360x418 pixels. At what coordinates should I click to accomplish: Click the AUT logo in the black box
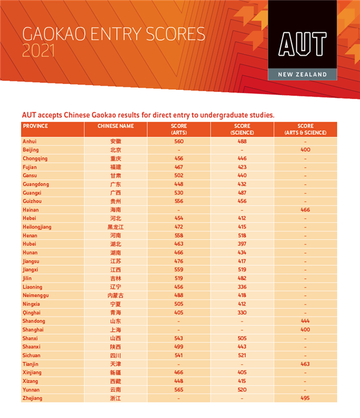click(302, 43)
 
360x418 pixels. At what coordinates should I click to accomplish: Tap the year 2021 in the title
click(38, 52)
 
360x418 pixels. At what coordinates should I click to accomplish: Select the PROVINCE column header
click(35, 127)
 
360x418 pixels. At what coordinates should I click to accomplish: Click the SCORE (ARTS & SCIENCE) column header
click(305, 130)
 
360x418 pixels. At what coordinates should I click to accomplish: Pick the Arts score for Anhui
click(179, 141)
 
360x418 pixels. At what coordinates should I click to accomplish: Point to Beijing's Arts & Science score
click(305, 149)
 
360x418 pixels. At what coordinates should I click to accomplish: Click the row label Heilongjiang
click(37, 227)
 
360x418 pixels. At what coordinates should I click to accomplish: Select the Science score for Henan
click(242, 236)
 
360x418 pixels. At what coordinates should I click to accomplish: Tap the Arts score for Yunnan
click(179, 390)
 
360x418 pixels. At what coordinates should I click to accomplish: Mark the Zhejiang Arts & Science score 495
click(305, 398)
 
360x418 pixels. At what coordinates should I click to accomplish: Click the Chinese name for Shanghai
click(115, 330)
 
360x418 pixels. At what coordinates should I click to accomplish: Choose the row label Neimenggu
click(35, 296)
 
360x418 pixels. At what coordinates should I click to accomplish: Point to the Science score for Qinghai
click(242, 312)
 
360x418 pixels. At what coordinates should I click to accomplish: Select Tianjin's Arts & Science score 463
click(305, 364)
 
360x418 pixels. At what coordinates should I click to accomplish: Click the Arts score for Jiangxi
click(179, 270)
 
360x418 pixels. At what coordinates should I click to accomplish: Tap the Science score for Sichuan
click(242, 356)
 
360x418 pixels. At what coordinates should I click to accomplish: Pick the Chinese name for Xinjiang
click(115, 372)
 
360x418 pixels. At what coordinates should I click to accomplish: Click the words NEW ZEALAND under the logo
click(302, 74)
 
